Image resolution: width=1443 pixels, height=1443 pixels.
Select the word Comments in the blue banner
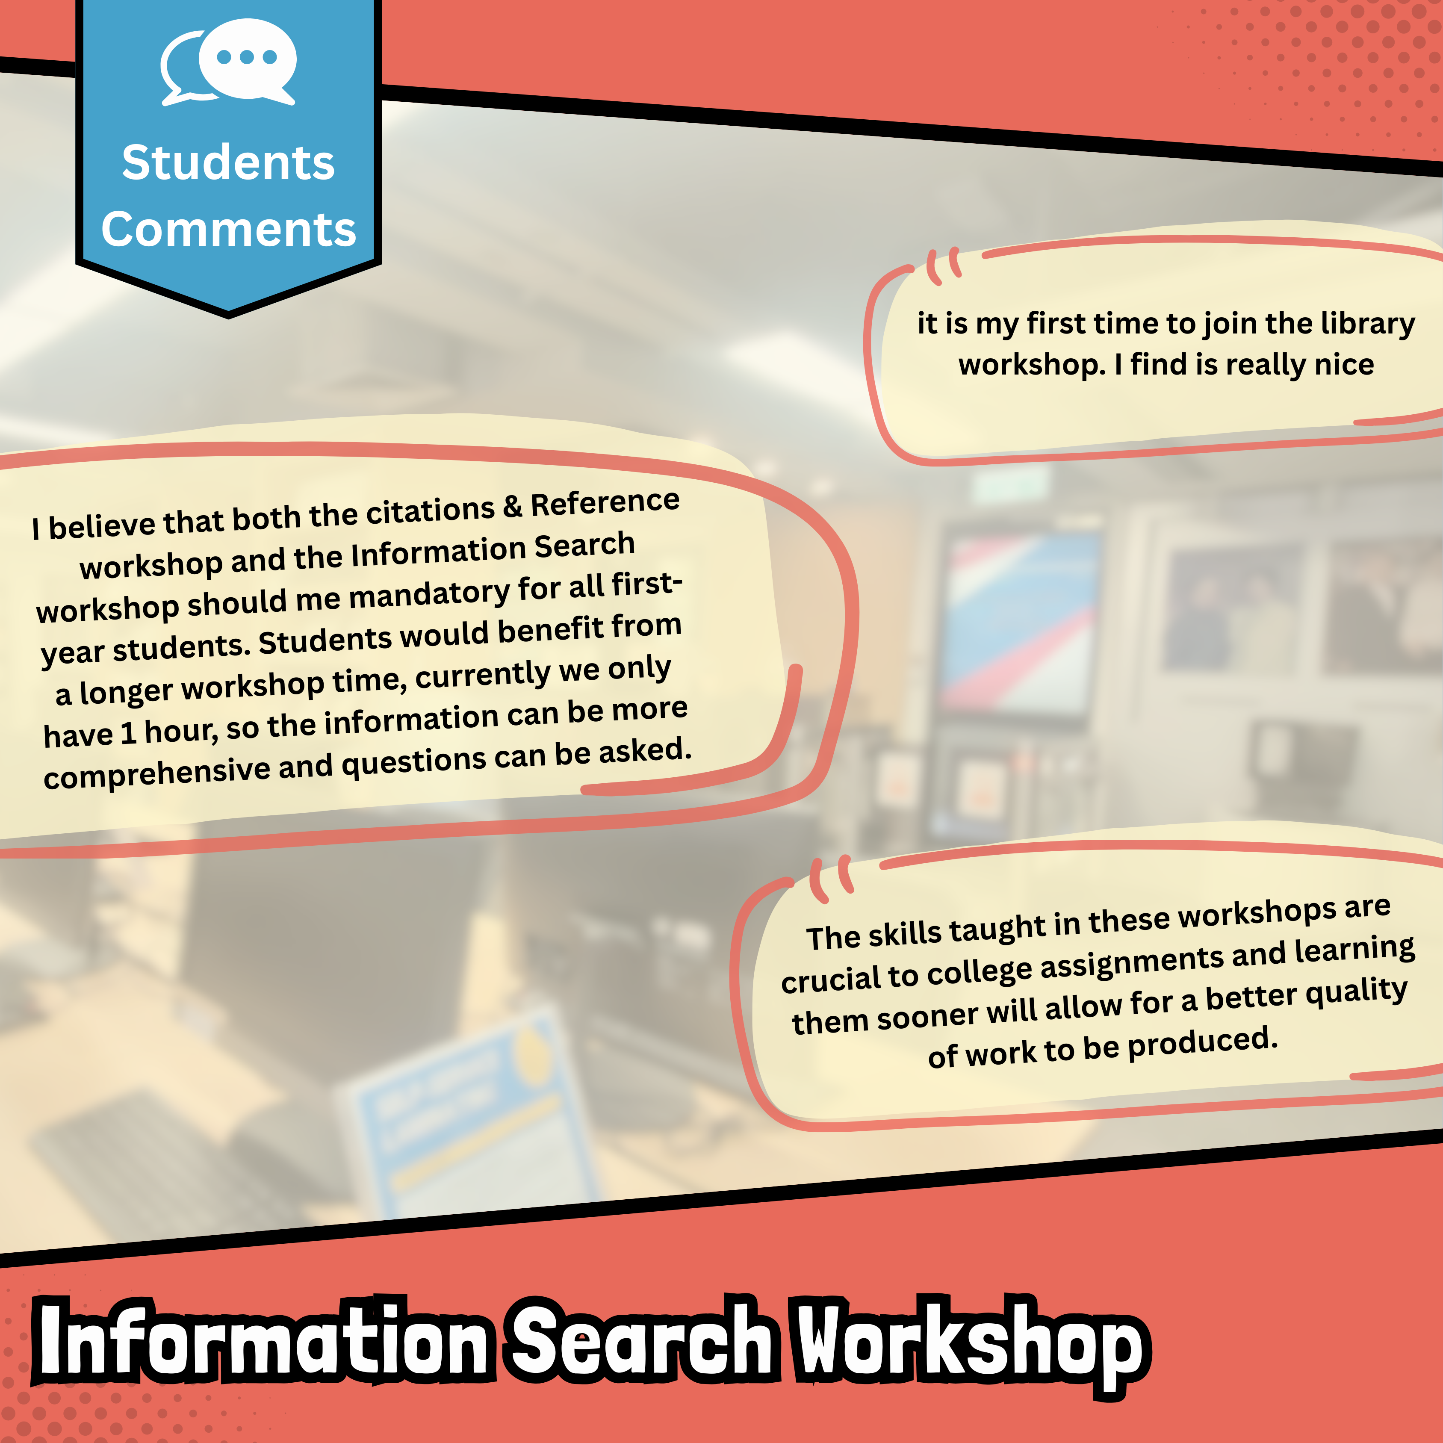click(229, 229)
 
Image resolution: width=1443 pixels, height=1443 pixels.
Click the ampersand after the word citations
click(512, 507)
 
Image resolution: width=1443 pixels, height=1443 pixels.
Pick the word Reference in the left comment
click(605, 503)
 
